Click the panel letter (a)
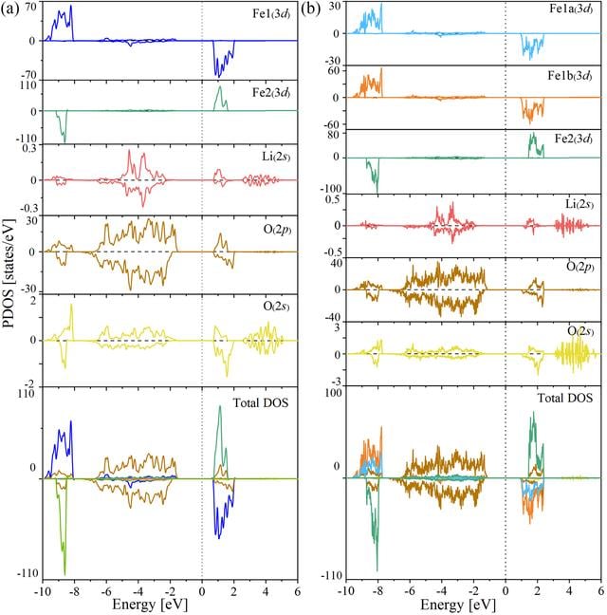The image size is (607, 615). point(9,9)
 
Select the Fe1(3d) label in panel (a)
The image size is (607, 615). point(271,13)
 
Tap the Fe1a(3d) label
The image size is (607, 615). point(571,9)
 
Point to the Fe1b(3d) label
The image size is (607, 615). point(570,75)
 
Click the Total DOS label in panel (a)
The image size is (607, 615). point(261,402)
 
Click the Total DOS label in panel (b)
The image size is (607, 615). point(564,398)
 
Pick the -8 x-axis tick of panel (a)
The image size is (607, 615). point(74,591)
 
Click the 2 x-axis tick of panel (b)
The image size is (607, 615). point(537,591)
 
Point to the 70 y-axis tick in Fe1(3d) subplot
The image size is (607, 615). point(31,7)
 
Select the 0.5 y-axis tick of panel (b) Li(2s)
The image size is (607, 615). point(333,199)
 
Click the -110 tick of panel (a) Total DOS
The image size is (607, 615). point(28,573)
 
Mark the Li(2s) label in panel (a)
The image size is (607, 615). point(276,157)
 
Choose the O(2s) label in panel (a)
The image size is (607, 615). point(277,306)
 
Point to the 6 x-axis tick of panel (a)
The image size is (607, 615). point(297,591)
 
